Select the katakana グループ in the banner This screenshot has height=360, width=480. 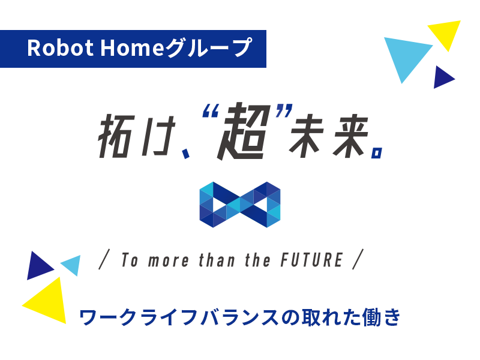209,47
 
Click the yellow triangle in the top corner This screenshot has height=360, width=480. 445,34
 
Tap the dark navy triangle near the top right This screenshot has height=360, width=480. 442,77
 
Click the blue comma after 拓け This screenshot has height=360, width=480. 185,153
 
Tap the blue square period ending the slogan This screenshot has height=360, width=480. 377,153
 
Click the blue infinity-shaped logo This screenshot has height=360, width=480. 240,205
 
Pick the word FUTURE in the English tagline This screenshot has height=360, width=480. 311,260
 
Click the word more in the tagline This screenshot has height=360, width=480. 169,261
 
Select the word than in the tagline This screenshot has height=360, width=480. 217,260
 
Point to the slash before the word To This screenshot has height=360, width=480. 104,259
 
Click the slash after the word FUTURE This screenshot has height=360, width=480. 358,259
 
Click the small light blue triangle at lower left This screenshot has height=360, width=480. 73,264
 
